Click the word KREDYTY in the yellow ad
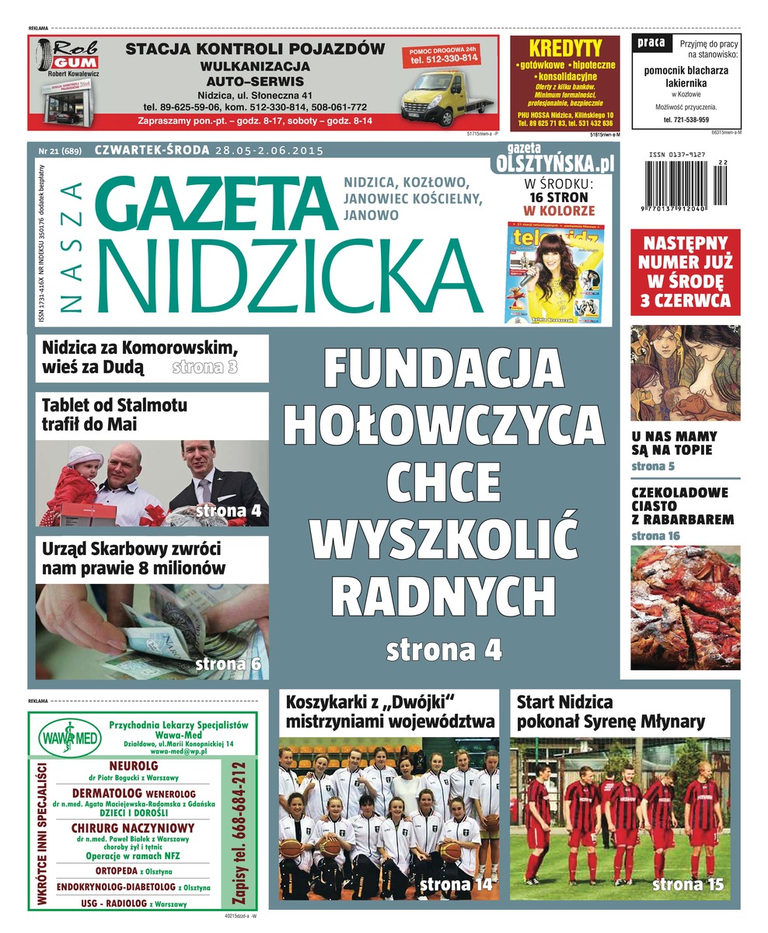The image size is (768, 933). coord(565,47)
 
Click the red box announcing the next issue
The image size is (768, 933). coord(686,271)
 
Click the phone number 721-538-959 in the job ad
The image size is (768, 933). coord(686,120)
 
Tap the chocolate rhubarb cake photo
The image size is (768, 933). coord(685,606)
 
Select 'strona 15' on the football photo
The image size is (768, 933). coord(687,885)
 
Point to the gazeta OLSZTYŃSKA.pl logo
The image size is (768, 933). coord(557,158)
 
